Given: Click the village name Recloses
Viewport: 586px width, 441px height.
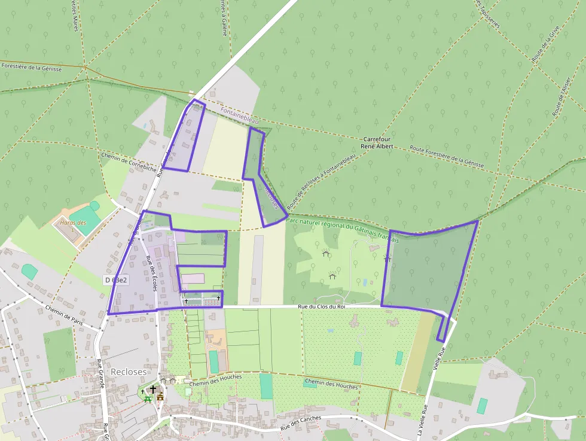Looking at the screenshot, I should tap(128, 372).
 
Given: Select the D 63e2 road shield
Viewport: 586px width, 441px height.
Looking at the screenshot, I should tap(116, 279).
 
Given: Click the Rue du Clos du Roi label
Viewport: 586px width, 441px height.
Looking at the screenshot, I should tap(322, 307).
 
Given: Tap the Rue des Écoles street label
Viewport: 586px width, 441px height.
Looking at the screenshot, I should tap(151, 273).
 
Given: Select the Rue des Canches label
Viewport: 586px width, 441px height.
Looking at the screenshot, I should tap(301, 424).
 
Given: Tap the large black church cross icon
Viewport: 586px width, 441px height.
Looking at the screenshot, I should tap(153, 389).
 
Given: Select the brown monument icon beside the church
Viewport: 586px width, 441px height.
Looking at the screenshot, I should tap(160, 397).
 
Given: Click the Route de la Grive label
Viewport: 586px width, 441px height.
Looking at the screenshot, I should tap(541, 47).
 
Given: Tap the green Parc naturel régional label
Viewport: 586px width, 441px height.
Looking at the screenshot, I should tap(342, 230).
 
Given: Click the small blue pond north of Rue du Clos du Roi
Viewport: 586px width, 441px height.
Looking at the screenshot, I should tap(365, 282).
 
